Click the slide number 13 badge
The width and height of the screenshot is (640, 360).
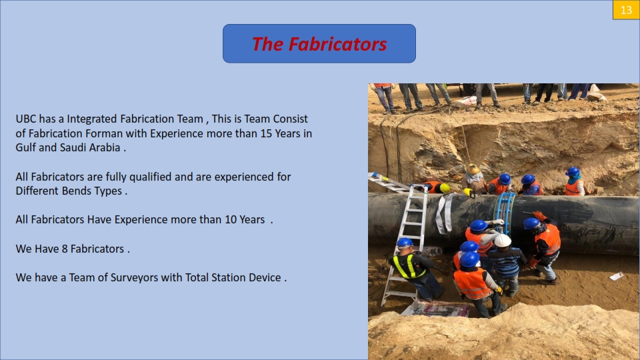coord(626,10)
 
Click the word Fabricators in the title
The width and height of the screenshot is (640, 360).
coord(337,44)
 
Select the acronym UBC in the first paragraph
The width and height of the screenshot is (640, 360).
coord(26,119)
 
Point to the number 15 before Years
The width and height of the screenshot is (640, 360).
coord(266,133)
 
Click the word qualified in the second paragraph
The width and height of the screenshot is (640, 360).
coord(150,177)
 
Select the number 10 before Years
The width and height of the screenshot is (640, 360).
coord(230,219)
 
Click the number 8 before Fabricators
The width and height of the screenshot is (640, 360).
coord(65,249)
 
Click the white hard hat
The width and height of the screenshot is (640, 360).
coord(503,241)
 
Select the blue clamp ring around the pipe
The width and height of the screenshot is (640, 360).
coord(504,211)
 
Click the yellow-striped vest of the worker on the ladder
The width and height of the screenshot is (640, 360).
coord(408,266)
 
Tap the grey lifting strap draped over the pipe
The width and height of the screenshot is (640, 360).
coord(445,213)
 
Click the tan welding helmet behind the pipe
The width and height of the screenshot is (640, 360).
coord(473,169)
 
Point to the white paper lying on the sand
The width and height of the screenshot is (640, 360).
coord(617,276)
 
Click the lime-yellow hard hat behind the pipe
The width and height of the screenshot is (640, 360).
coord(445,188)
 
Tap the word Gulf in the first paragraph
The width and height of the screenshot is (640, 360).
coord(26,147)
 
